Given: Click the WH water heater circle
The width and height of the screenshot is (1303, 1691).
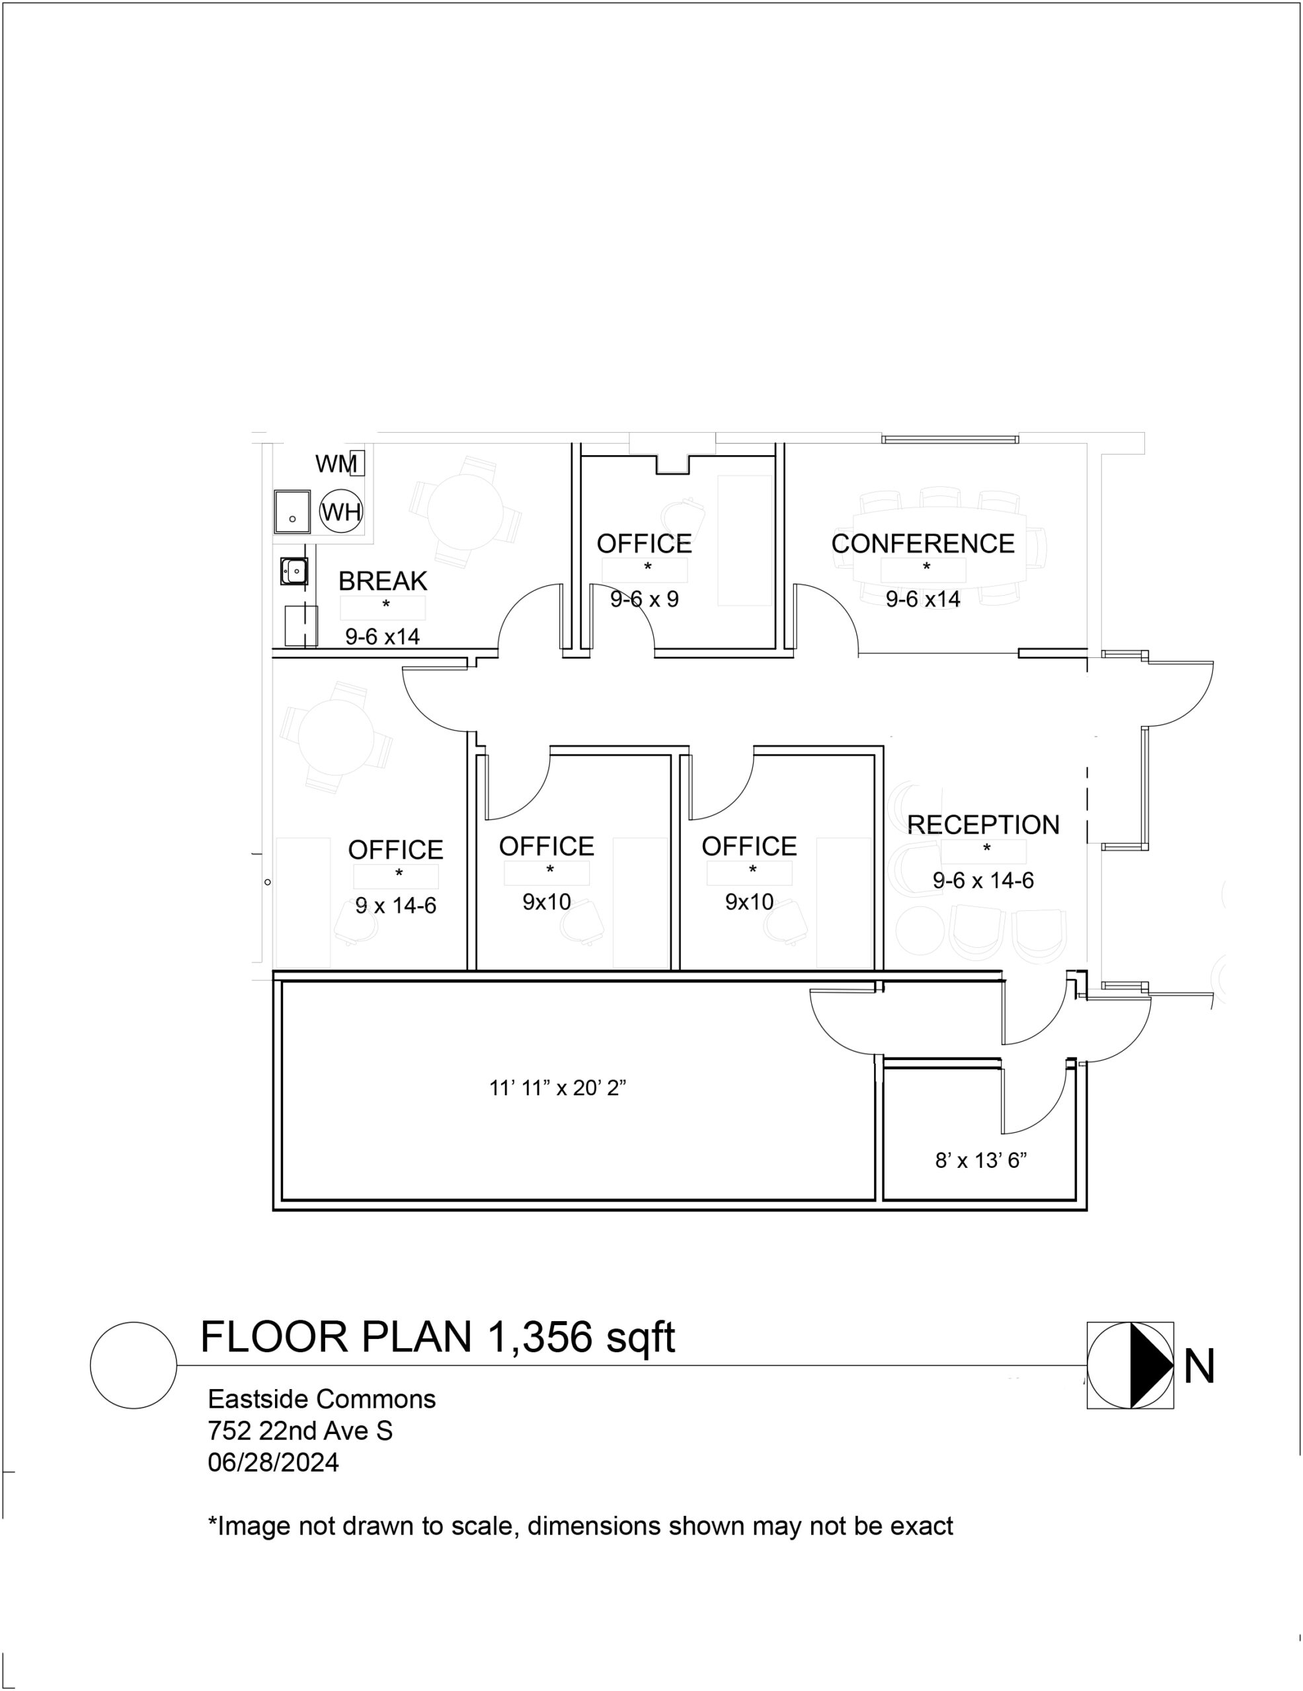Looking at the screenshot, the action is click(x=342, y=511).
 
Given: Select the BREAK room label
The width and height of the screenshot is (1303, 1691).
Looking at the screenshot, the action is click(x=383, y=581).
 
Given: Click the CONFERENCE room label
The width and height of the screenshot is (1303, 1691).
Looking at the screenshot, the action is click(x=923, y=544).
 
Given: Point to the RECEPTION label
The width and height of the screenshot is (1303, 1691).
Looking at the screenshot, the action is click(x=983, y=824).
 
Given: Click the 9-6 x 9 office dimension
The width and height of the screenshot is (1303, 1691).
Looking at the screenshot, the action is click(x=645, y=599).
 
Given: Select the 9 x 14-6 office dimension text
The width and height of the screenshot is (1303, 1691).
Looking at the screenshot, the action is click(x=396, y=905).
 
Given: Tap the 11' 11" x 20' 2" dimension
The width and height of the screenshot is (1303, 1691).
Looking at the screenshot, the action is click(x=558, y=1088).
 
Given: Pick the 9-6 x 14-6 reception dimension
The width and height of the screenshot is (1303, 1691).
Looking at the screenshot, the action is click(x=983, y=881).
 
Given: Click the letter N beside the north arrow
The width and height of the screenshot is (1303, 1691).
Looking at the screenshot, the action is click(x=1199, y=1367).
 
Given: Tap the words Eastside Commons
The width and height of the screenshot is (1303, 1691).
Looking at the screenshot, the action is click(x=321, y=1399).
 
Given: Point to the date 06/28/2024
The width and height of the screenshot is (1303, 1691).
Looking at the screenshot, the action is click(x=274, y=1462).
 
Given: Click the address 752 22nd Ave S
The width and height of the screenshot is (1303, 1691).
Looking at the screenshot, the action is click(x=299, y=1431).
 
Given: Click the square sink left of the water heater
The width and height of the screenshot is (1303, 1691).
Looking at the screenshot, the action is click(x=292, y=512).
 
